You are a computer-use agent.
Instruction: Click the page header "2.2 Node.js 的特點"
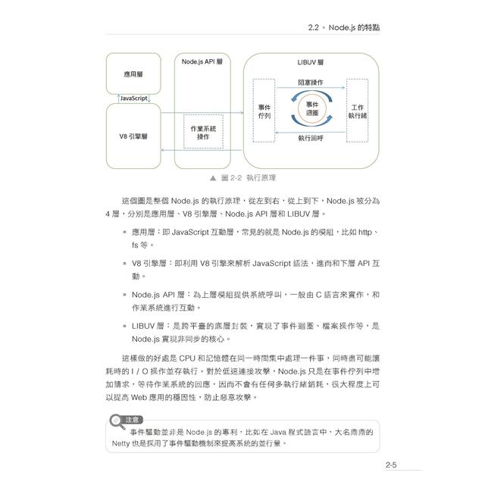[x=344, y=27]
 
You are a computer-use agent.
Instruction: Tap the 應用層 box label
[x=133, y=74]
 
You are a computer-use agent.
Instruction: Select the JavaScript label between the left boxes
[x=133, y=99]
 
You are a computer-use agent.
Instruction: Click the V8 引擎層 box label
[x=133, y=136]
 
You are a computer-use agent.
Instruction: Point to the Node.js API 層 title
[x=202, y=61]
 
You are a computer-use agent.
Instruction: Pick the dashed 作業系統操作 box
[x=203, y=132]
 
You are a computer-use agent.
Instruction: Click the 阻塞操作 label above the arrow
[x=311, y=82]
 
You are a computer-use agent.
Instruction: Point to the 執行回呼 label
[x=311, y=139]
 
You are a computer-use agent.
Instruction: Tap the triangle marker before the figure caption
[x=213, y=177]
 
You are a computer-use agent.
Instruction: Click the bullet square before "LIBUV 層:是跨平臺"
[x=124, y=325]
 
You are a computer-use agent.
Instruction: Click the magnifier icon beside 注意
[x=115, y=421]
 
